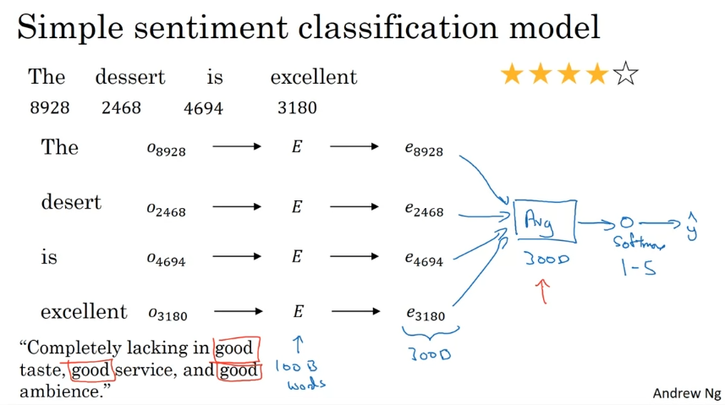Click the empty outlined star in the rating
[625, 74]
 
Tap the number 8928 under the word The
[49, 107]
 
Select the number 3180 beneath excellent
[297, 107]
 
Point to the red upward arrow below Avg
[543, 291]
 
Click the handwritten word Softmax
[639, 243]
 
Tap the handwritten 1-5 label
[639, 267]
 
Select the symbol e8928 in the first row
[424, 149]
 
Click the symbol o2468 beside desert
[166, 210]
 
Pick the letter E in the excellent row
[299, 311]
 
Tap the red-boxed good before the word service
[91, 370]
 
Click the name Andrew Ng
[687, 393]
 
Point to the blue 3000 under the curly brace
[430, 354]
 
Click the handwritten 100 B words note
[300, 375]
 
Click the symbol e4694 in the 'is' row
[424, 259]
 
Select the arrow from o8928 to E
[237, 146]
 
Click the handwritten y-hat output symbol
[691, 227]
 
